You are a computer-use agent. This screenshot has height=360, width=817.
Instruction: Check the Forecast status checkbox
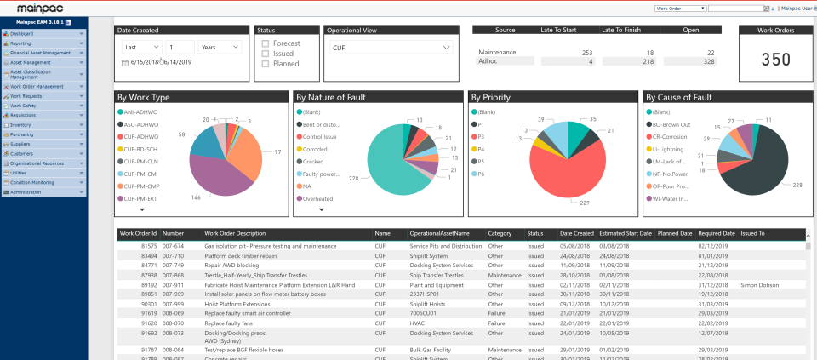coord(266,43)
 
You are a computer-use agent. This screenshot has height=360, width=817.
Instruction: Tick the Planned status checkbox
coord(266,64)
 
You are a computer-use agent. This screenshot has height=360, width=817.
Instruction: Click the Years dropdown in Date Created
coord(219,48)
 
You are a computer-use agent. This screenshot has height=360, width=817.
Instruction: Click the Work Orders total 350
coord(775,60)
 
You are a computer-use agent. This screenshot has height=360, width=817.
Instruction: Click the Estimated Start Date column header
coord(626,233)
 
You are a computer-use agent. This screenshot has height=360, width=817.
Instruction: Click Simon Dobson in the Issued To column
coord(759,285)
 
